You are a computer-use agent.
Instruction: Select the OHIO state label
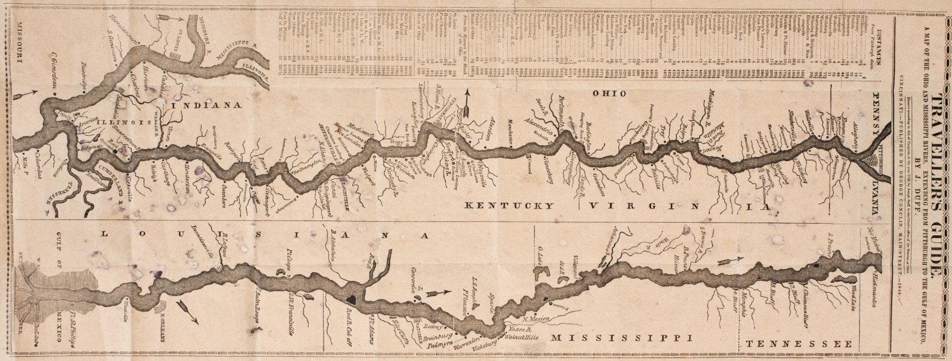(x=609, y=93)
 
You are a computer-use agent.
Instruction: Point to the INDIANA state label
(x=203, y=105)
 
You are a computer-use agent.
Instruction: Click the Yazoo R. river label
(x=520, y=329)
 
